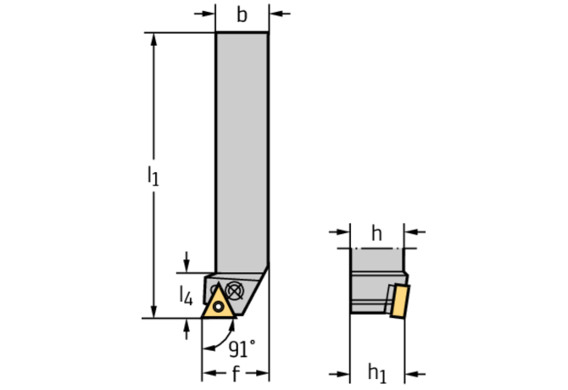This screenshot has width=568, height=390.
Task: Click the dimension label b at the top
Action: pos(242,15)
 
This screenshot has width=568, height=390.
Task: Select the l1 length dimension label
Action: pos(153,176)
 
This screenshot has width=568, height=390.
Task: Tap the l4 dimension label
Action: pos(187,296)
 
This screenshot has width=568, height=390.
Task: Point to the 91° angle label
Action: pos(242,348)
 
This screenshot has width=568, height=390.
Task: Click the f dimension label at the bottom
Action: pos(236,373)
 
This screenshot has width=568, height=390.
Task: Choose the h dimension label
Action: pos(376,233)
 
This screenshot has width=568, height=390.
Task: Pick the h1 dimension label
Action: pos(377,373)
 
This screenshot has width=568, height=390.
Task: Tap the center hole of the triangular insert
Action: pos(219,307)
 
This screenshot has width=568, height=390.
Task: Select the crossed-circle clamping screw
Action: pos(234,291)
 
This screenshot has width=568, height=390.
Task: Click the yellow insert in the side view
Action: pos(400,301)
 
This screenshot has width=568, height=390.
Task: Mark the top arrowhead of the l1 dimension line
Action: pos(154,40)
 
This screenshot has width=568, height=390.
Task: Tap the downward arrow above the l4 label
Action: pos(187,262)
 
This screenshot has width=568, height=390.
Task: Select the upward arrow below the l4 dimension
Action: pos(187,329)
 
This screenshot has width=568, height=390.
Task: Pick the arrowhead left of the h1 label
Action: pos(340,374)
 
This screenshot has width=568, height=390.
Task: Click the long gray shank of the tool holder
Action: pos(242,152)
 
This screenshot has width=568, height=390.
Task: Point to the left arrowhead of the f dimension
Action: pos(209,373)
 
